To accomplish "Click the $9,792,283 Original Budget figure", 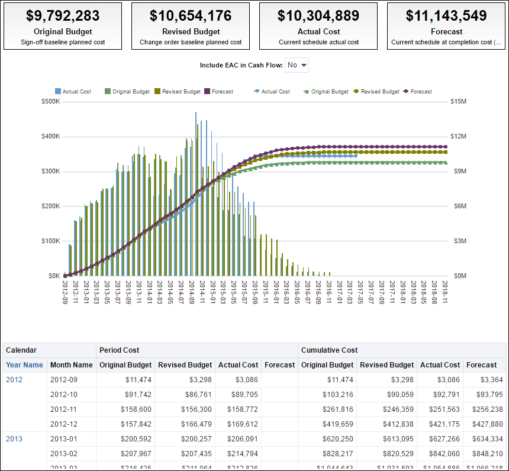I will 63,16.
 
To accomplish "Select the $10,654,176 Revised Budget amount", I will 191,16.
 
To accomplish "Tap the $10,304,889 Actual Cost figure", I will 318,16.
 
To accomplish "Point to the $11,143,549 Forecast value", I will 446,16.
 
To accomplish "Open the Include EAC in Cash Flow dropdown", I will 297,65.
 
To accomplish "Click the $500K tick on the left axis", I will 50,101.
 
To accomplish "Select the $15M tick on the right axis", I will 459,101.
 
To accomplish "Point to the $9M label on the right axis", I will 459,171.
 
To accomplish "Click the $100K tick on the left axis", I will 50,241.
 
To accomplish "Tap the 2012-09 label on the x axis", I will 65,292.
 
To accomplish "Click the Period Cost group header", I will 120,350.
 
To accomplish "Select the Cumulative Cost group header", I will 329,350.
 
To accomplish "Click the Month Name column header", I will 71,365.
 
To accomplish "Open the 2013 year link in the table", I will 14,438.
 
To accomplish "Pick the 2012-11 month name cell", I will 63,409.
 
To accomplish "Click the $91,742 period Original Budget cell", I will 135,394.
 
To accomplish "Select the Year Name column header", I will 24,365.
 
